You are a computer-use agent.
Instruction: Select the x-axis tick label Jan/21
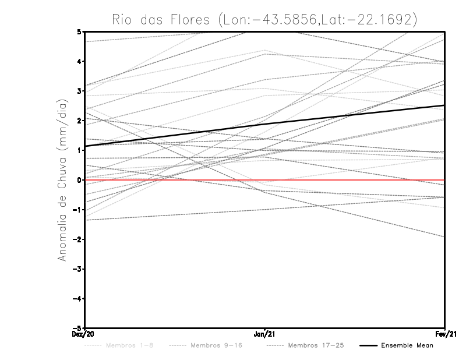point(265,334)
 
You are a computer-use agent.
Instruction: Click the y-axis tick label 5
point(79,31)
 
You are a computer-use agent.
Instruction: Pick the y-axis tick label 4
point(79,61)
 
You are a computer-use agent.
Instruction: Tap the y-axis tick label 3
point(79,91)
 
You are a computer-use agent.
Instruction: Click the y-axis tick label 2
point(79,121)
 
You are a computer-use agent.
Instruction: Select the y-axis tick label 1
point(79,150)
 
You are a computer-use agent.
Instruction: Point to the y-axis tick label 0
point(79,180)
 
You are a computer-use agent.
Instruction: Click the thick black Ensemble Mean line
point(265,123)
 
